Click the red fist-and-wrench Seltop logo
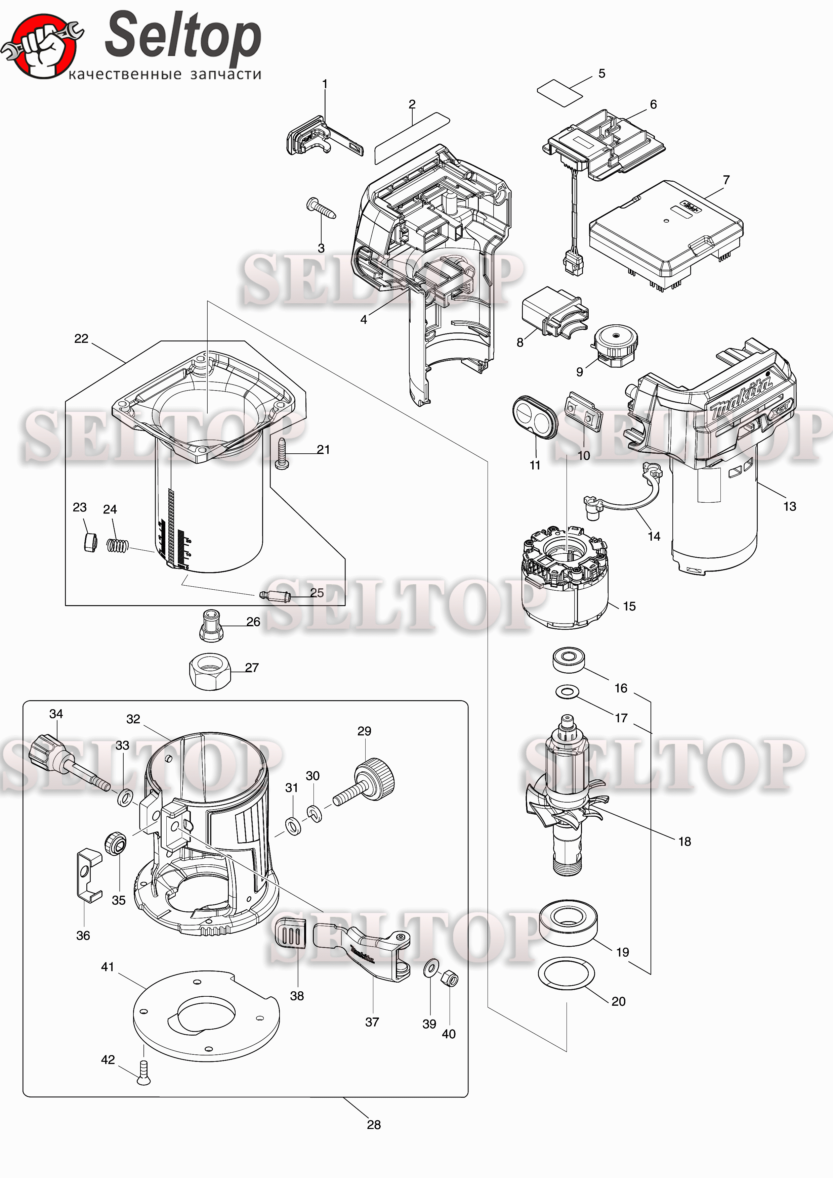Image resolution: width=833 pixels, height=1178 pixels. click(x=42, y=46)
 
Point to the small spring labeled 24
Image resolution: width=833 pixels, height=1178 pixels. click(x=118, y=544)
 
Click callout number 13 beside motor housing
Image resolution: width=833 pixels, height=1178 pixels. click(x=789, y=506)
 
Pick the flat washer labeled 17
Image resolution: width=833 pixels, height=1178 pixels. click(x=567, y=692)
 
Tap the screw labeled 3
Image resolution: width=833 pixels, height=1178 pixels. click(x=321, y=208)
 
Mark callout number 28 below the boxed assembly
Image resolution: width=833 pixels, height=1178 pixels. click(x=374, y=1125)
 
